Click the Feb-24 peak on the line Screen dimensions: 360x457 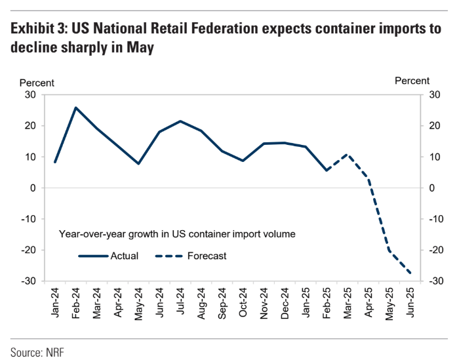coord(76,108)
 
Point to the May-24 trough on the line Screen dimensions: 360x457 coord(138,163)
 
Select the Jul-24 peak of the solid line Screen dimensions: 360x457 coord(180,121)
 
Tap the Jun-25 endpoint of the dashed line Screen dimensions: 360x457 coord(410,273)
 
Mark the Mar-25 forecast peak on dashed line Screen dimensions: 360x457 coord(348,155)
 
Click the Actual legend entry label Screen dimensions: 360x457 coord(125,256)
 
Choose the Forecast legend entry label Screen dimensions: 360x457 coord(207,256)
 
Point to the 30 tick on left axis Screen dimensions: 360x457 coord(30,94)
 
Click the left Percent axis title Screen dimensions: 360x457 coord(37,83)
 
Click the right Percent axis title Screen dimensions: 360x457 coord(412,81)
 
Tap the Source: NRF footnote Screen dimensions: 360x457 coord(37,351)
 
